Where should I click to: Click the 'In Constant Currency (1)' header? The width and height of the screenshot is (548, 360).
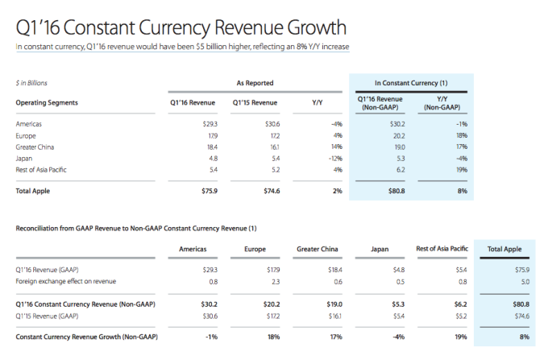click(412, 82)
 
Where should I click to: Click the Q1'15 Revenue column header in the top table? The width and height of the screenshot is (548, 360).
click(255, 102)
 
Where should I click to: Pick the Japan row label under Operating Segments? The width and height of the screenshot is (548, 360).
click(25, 158)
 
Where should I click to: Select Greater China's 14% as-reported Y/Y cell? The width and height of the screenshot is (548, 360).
click(336, 147)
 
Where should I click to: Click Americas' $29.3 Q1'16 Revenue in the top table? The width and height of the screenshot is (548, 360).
click(211, 123)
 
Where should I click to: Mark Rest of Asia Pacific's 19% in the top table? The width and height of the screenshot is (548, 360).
click(461, 169)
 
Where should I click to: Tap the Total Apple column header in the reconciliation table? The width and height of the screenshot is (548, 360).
click(506, 249)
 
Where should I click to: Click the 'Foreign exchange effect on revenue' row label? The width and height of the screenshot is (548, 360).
click(66, 280)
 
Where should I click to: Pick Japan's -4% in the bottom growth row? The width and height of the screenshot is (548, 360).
click(396, 335)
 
